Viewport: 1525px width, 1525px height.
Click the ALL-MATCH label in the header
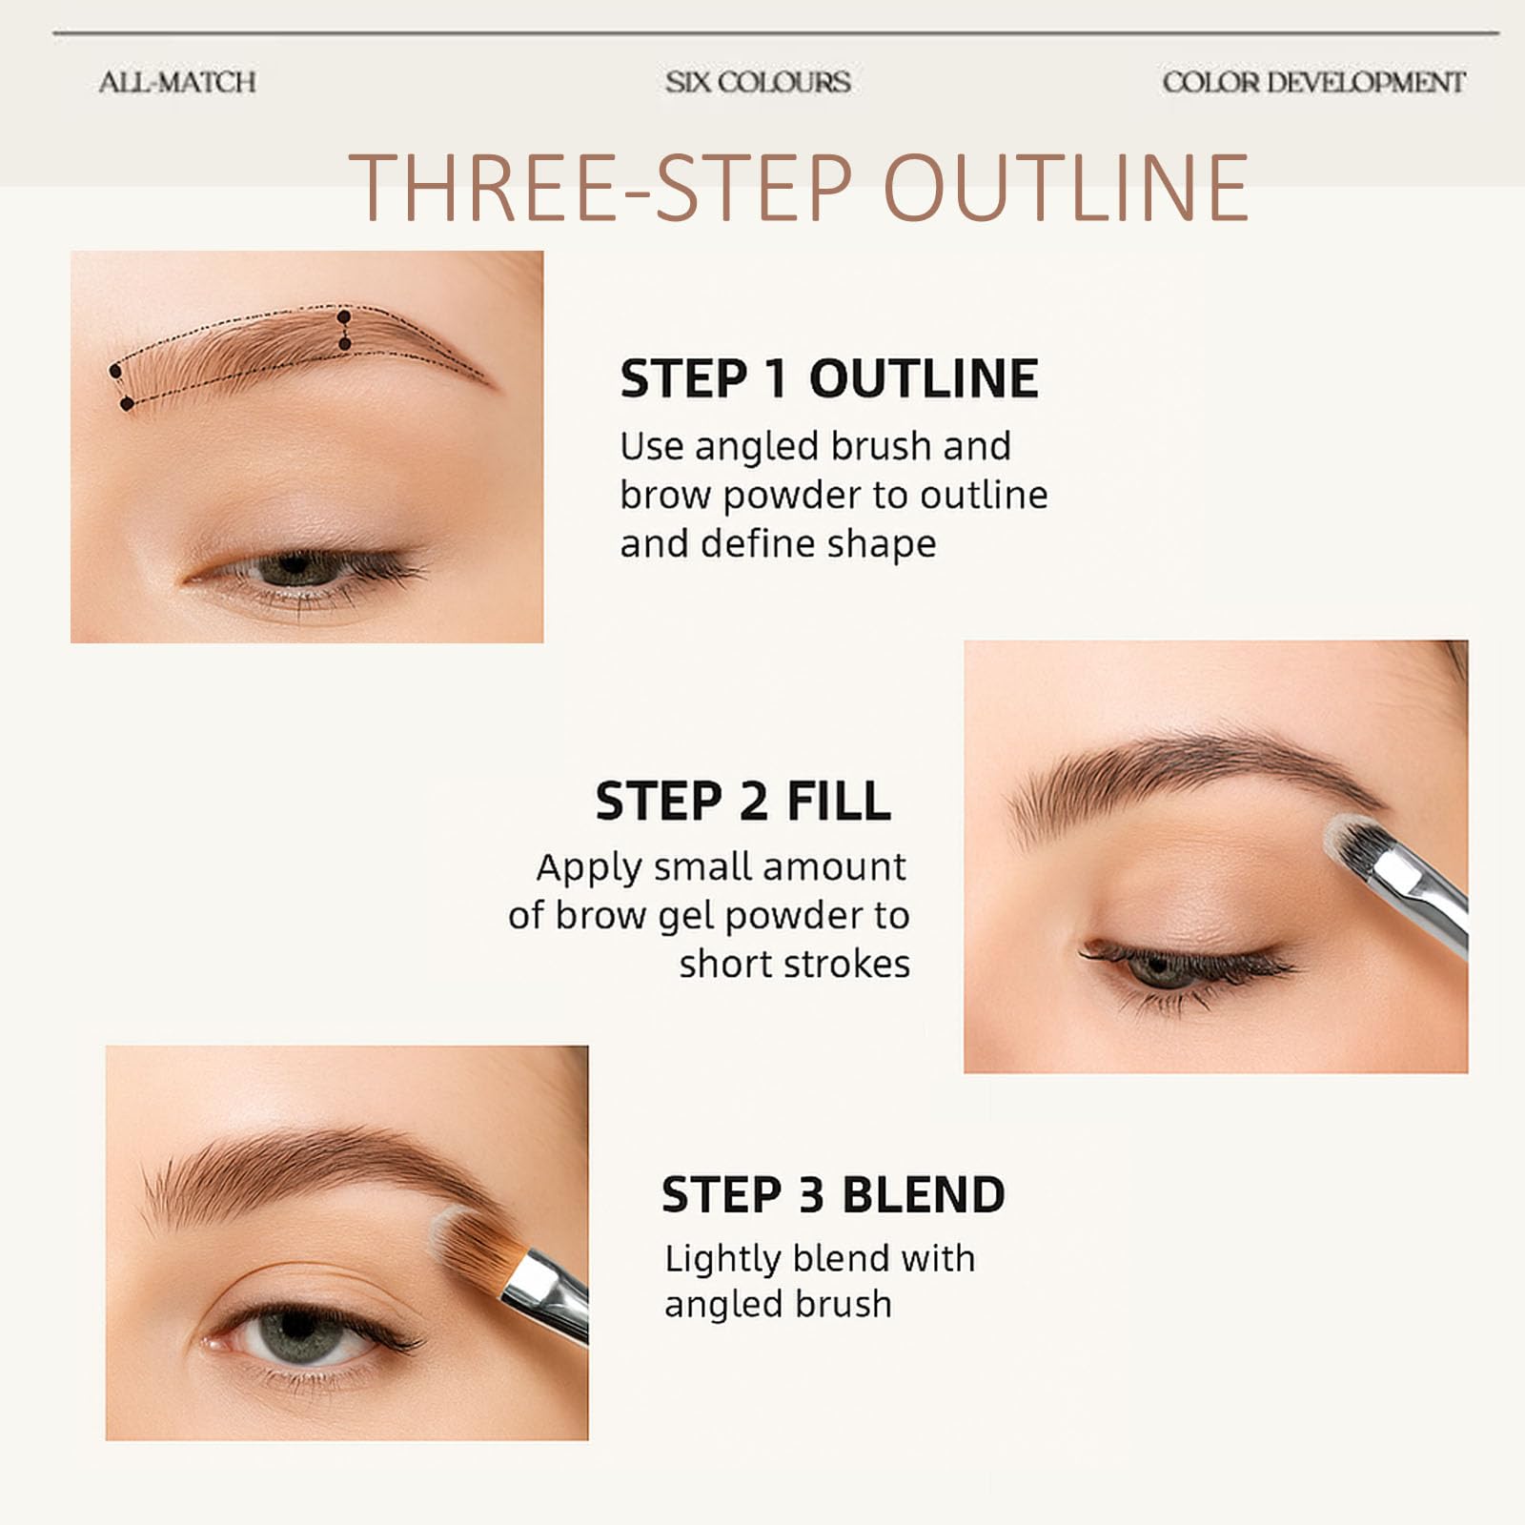[177, 82]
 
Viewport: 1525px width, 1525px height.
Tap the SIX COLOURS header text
[759, 82]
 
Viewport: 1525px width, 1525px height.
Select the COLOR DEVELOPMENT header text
[1313, 82]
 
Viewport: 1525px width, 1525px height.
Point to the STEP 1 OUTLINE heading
[829, 378]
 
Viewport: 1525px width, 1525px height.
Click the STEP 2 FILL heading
[743, 801]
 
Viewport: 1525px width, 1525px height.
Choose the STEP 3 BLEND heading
[834, 1194]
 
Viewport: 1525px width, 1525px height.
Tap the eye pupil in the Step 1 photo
[295, 566]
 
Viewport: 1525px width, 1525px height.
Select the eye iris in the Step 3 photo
[297, 1328]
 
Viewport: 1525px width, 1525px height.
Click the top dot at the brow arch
[344, 316]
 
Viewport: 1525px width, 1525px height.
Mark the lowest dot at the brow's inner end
[127, 404]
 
